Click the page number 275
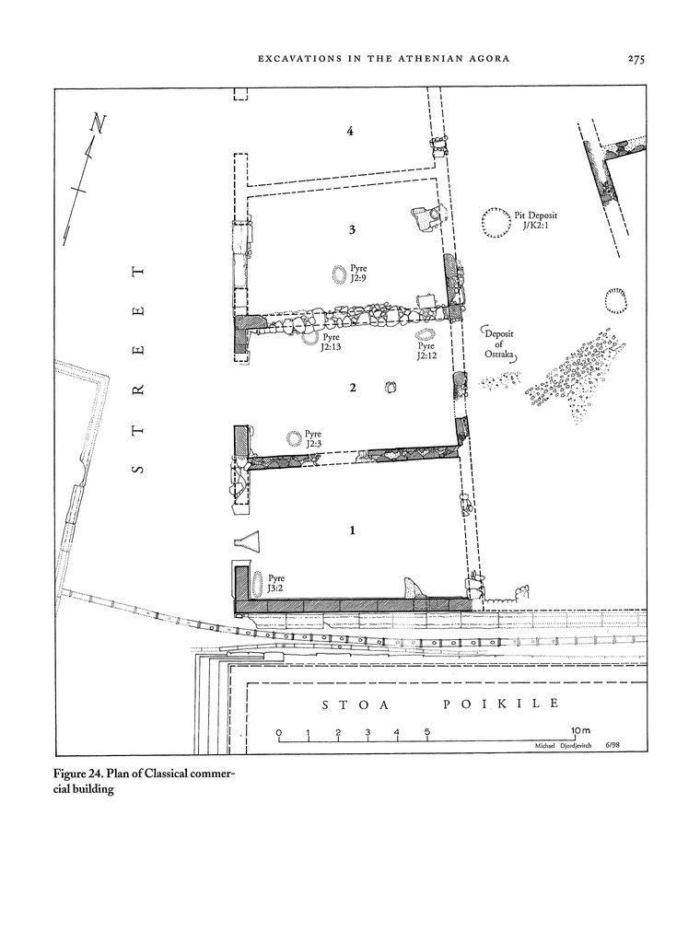pyautogui.click(x=636, y=58)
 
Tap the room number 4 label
pyautogui.click(x=350, y=132)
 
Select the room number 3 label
pyautogui.click(x=353, y=229)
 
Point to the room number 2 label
pyautogui.click(x=353, y=388)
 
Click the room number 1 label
pyautogui.click(x=353, y=530)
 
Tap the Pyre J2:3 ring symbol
pyautogui.click(x=295, y=438)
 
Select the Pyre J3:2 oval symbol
pyautogui.click(x=258, y=583)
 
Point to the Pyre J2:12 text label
pyautogui.click(x=426, y=351)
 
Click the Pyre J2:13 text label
pyautogui.click(x=331, y=343)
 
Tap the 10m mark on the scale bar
pyautogui.click(x=582, y=730)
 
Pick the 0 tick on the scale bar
pyautogui.click(x=279, y=733)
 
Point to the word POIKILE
pyautogui.click(x=501, y=704)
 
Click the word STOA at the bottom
pyautogui.click(x=356, y=704)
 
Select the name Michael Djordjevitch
pyautogui.click(x=563, y=746)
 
